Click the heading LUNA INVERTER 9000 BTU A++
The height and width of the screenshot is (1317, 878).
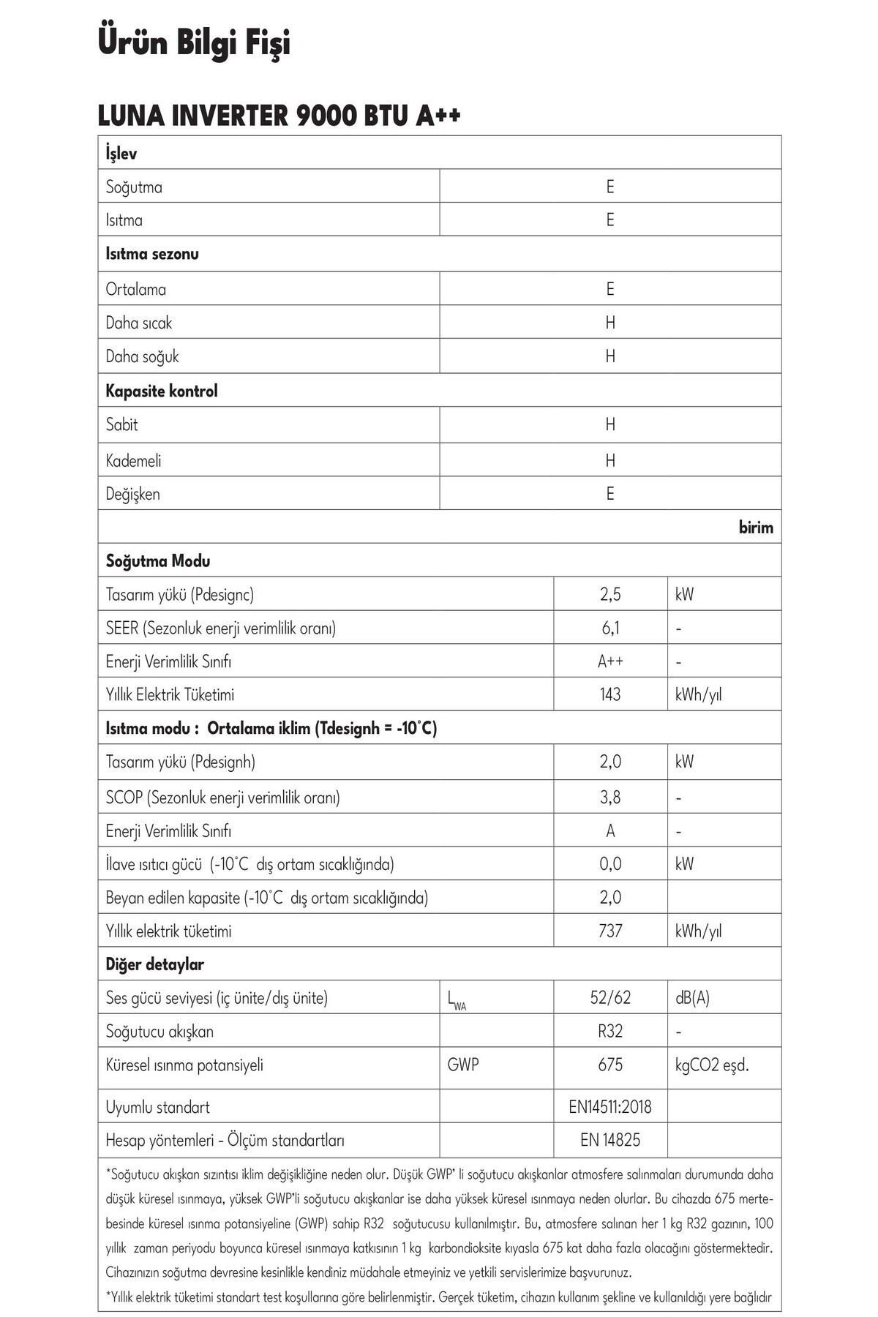pyautogui.click(x=279, y=116)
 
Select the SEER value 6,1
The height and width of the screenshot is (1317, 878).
pyautogui.click(x=610, y=628)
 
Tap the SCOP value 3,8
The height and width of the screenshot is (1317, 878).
pyautogui.click(x=610, y=797)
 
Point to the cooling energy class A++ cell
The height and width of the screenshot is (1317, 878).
pyautogui.click(x=610, y=661)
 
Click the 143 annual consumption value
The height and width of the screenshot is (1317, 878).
pyautogui.click(x=610, y=694)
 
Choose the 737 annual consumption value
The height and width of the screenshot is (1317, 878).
pyautogui.click(x=610, y=931)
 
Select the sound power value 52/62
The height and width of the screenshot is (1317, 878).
pyautogui.click(x=610, y=997)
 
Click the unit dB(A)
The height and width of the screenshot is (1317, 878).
pyautogui.click(x=692, y=997)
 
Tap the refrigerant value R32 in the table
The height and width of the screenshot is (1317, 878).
pyautogui.click(x=610, y=1031)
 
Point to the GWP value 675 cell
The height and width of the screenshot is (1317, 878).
pyautogui.click(x=610, y=1065)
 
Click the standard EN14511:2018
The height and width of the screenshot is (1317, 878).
pyautogui.click(x=610, y=1107)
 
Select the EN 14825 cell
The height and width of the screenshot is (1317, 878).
pyautogui.click(x=610, y=1140)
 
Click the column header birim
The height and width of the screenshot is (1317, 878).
pyautogui.click(x=756, y=528)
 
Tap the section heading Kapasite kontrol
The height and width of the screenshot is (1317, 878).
pyautogui.click(x=162, y=391)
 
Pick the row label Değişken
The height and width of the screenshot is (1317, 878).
pyautogui.click(x=132, y=494)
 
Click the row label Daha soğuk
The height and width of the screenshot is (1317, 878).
pyautogui.click(x=142, y=356)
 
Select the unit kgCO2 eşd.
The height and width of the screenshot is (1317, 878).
pyautogui.click(x=712, y=1065)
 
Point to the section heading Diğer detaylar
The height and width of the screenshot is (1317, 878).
pyautogui.click(x=154, y=964)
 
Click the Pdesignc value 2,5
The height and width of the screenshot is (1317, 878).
pyautogui.click(x=610, y=594)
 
